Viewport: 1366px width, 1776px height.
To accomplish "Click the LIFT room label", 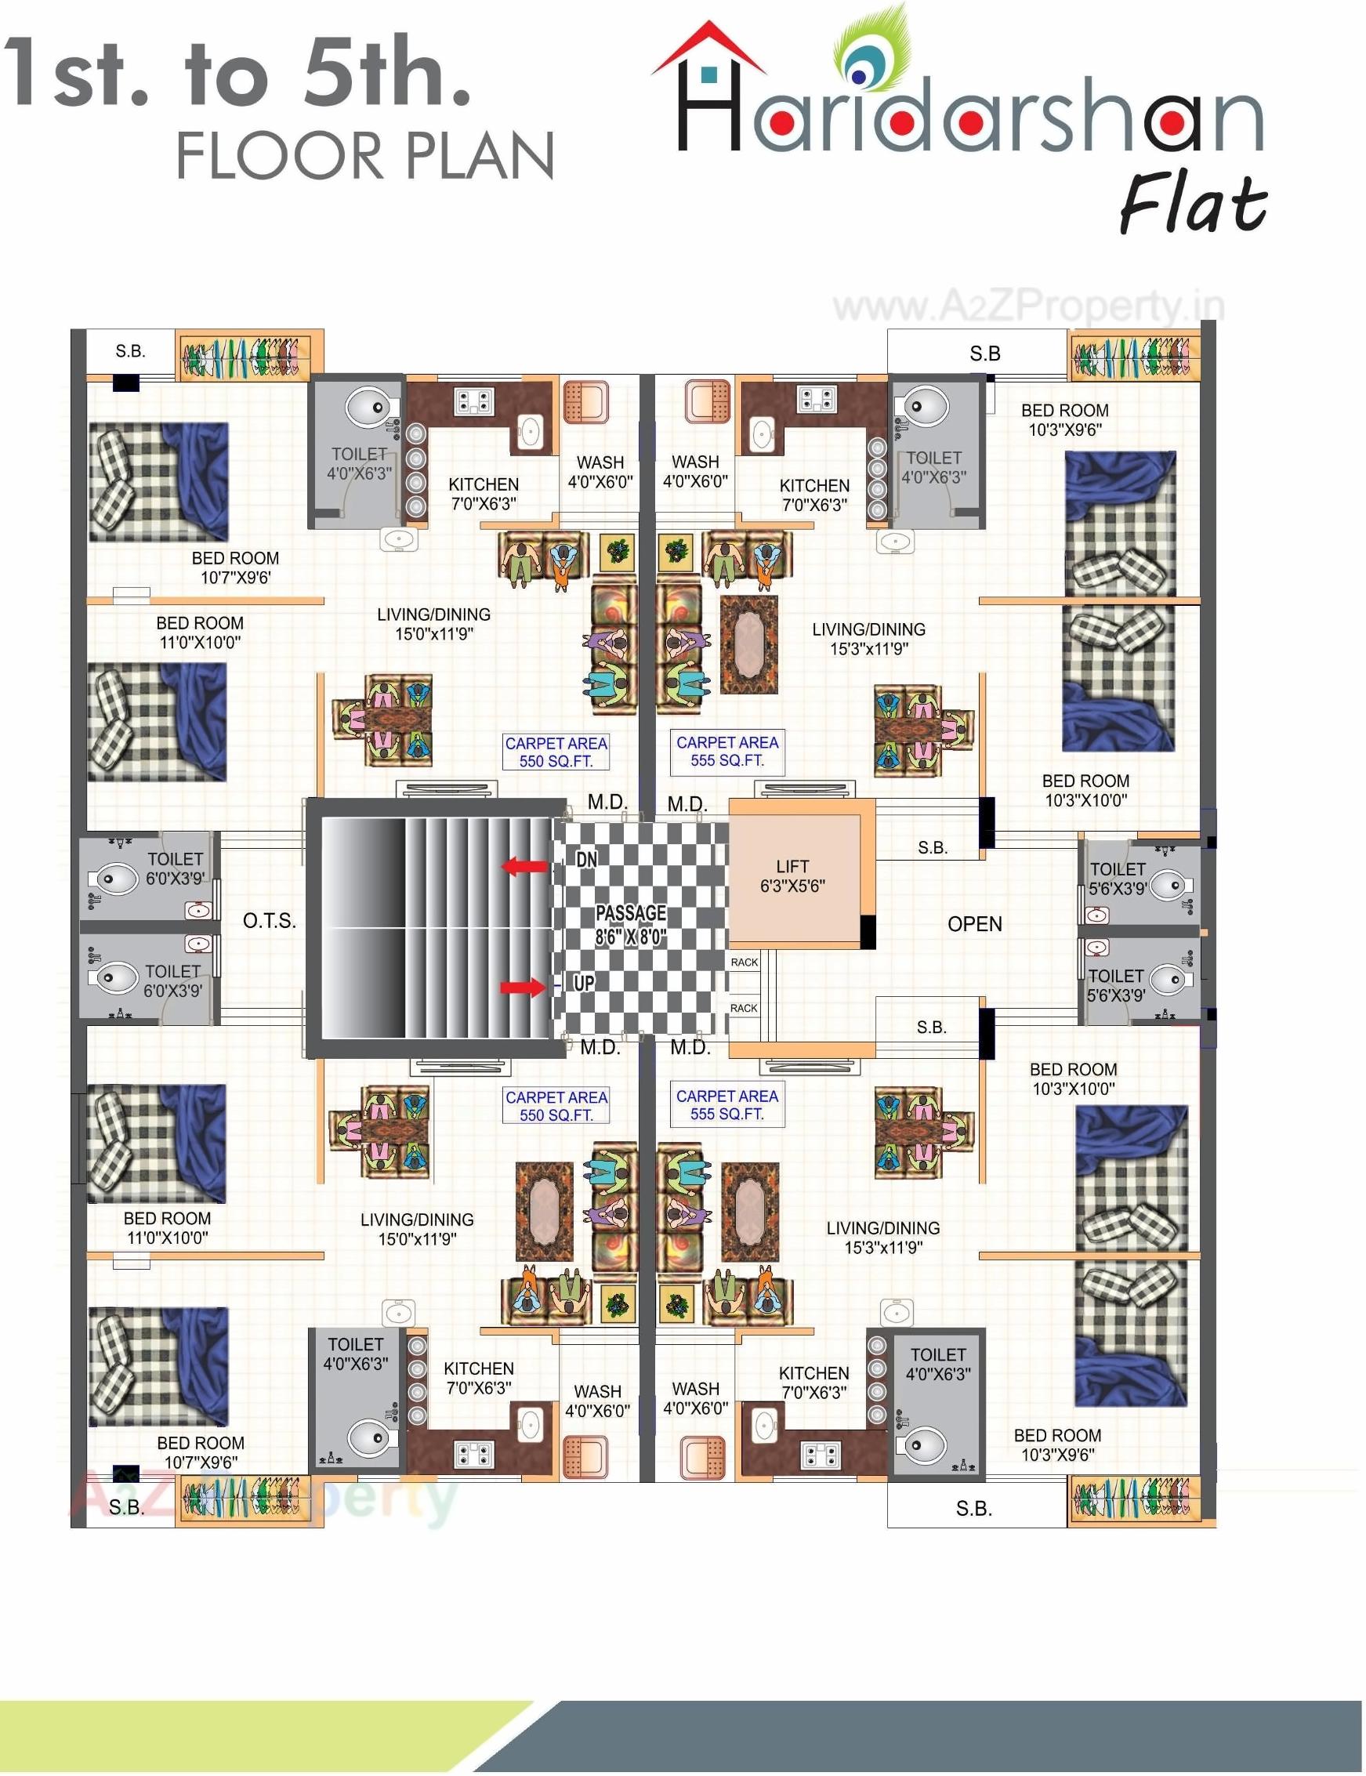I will (x=792, y=875).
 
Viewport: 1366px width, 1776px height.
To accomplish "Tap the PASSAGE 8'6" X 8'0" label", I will (x=630, y=925).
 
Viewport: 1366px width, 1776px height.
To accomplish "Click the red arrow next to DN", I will (x=524, y=866).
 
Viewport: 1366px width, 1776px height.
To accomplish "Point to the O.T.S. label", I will (x=269, y=921).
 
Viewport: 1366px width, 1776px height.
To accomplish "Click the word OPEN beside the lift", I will (x=974, y=924).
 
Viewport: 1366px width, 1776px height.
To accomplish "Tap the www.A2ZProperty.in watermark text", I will (x=1027, y=306).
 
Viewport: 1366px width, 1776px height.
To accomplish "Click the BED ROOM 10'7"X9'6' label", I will (x=235, y=567).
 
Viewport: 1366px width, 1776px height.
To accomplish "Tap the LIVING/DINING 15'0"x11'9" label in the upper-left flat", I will (x=433, y=624).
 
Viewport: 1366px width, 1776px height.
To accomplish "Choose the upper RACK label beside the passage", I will (x=743, y=962).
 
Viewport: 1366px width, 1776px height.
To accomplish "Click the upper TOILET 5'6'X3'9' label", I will (x=1118, y=879).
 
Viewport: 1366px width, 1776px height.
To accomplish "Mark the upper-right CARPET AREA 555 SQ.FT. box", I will (x=727, y=752).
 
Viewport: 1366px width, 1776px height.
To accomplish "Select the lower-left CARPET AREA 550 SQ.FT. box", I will (x=556, y=1106).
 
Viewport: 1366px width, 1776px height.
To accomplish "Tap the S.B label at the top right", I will (x=984, y=353).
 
